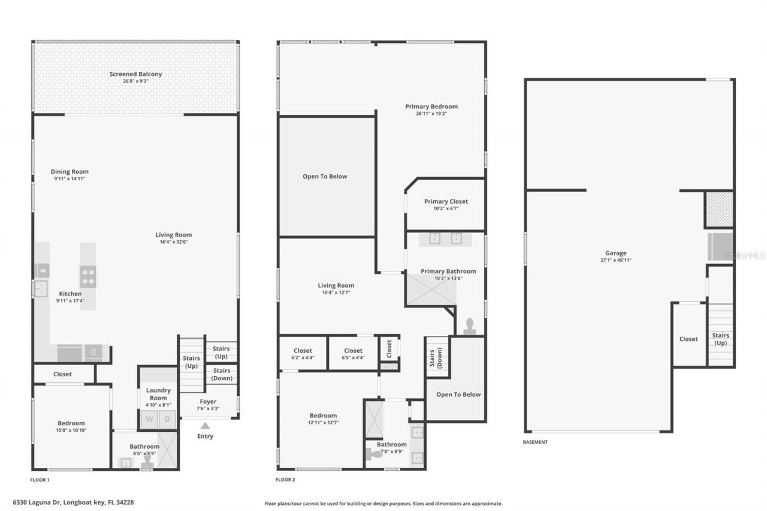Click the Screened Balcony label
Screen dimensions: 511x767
click(x=135, y=74)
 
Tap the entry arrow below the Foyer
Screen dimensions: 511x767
click(x=205, y=425)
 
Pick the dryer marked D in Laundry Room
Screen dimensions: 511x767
click(x=168, y=419)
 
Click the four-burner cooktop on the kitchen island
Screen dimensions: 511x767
click(x=88, y=276)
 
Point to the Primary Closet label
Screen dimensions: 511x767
click(x=446, y=201)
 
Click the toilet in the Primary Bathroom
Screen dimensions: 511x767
click(x=470, y=326)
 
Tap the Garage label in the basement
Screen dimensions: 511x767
click(x=615, y=253)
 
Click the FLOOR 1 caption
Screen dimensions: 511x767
click(x=40, y=480)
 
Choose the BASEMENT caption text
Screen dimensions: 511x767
click(x=535, y=442)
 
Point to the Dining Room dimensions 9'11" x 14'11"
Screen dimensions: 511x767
click(x=70, y=179)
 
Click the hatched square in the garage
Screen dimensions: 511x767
click(x=718, y=209)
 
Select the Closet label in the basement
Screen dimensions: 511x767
click(x=688, y=339)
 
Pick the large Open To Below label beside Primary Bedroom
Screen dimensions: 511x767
click(x=325, y=177)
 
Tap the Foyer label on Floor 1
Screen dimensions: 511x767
click(x=208, y=402)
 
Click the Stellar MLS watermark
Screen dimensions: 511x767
click(x=744, y=255)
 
